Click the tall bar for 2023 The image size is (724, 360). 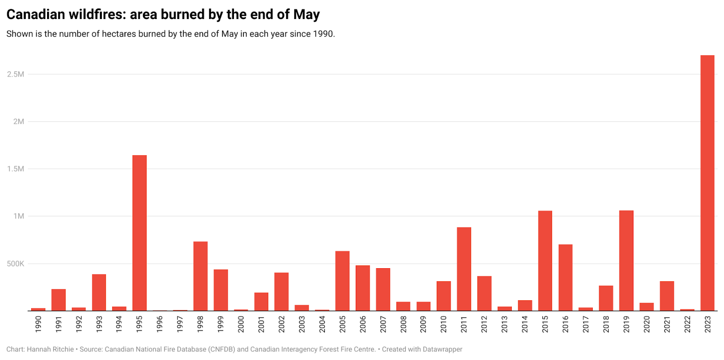tap(707, 183)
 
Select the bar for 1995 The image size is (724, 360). tap(139, 233)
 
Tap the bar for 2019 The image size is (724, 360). tap(626, 261)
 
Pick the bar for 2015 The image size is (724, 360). tap(545, 261)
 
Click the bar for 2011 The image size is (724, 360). tap(464, 269)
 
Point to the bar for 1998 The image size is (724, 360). tap(200, 276)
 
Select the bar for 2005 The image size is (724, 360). tap(342, 280)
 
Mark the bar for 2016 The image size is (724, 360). tap(565, 277)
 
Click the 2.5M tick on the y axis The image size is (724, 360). tap(15, 74)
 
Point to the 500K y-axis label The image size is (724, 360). tap(15, 264)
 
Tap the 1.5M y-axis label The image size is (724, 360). tap(15, 169)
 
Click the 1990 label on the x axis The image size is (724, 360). tap(38, 324)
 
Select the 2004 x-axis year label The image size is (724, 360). tap(322, 324)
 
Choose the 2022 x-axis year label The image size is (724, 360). tap(687, 324)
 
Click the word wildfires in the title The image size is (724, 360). tap(97, 14)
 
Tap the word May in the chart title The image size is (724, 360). tap(306, 14)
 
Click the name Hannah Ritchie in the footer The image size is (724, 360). tap(50, 349)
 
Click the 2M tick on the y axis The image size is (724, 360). tap(19, 121)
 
